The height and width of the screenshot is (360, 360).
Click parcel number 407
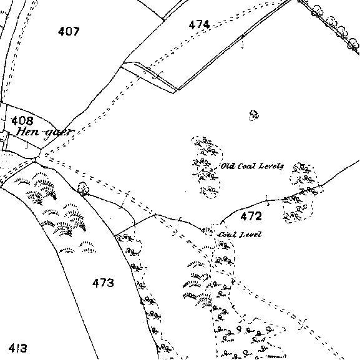(69, 31)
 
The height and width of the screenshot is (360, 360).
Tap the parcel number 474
(199, 24)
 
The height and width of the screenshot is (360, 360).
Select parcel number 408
(22, 120)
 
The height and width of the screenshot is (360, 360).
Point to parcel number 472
(251, 216)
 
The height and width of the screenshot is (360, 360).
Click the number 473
(103, 283)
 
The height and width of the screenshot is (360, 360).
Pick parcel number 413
(17, 348)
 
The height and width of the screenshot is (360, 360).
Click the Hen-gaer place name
(45, 134)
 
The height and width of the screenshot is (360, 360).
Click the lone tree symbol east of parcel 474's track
(254, 115)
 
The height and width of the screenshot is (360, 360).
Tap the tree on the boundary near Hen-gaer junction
(83, 188)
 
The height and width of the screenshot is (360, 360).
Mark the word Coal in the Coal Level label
(227, 235)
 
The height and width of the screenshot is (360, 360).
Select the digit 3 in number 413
(24, 348)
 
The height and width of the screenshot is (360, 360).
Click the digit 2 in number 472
(258, 216)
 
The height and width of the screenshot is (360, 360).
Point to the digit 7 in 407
(76, 31)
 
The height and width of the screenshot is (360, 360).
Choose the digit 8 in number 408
(30, 120)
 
